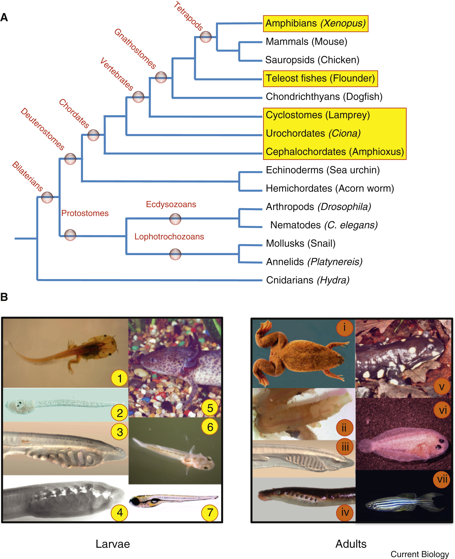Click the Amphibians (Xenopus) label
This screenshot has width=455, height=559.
(x=315, y=23)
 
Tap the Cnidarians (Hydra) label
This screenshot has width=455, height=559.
(x=308, y=280)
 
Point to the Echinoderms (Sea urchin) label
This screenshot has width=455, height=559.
(x=322, y=170)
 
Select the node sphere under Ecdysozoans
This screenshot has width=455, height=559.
(x=175, y=219)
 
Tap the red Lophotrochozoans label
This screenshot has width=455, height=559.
(x=169, y=237)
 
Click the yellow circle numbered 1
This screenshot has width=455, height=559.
(x=120, y=378)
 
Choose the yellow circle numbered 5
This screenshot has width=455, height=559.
(x=210, y=408)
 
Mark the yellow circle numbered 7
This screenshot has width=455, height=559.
(x=210, y=513)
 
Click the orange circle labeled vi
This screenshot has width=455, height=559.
(x=442, y=410)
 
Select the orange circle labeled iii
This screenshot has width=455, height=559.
(x=345, y=447)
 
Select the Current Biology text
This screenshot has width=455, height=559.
(x=420, y=554)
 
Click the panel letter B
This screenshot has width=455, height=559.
(x=4, y=297)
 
